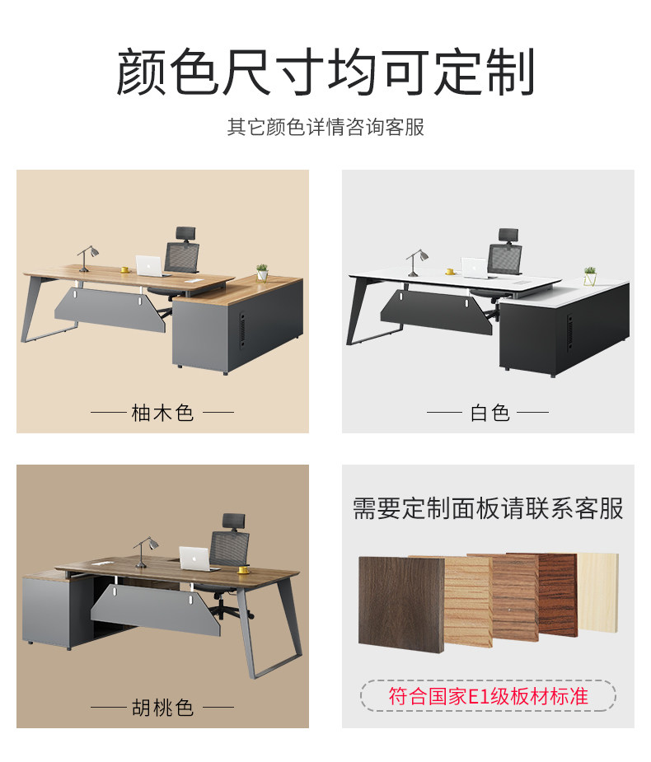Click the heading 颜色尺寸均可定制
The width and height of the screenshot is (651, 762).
(325, 72)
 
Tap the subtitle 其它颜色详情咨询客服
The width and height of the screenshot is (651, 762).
(325, 128)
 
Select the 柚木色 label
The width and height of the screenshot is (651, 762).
(162, 412)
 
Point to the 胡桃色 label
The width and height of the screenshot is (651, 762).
(162, 707)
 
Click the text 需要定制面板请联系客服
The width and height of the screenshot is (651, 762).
(488, 508)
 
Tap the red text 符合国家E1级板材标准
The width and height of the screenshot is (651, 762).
(488, 696)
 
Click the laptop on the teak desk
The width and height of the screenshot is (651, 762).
(150, 264)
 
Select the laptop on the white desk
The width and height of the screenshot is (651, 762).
(474, 267)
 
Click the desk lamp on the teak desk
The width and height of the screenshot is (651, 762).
(87, 256)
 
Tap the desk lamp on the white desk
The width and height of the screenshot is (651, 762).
(414, 259)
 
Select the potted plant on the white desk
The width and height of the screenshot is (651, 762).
(590, 275)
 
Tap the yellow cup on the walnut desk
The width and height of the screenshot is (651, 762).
(243, 568)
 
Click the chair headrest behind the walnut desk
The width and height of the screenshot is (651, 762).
(233, 521)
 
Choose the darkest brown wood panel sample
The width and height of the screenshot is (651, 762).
(400, 601)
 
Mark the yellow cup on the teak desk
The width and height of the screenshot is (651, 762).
(124, 269)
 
